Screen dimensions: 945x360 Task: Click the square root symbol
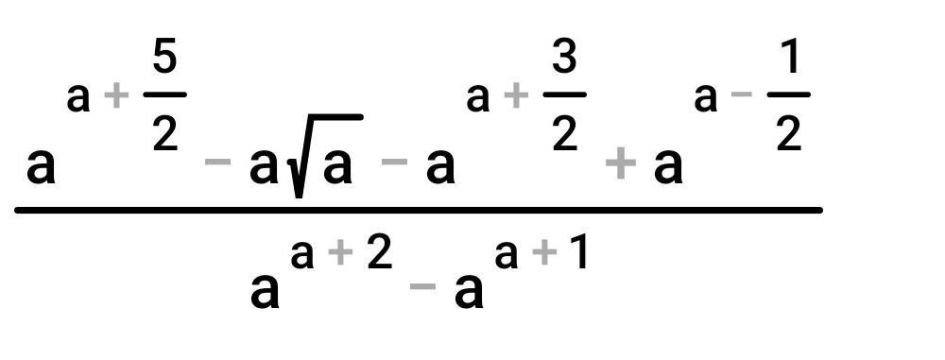[325, 155]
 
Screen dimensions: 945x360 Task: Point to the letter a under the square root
[337, 168]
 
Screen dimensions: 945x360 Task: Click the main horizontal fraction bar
[419, 210]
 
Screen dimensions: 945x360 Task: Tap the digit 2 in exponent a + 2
[380, 253]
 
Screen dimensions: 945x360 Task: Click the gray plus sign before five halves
[116, 98]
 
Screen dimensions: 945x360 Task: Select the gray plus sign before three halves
[515, 98]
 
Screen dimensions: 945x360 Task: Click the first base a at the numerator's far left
[41, 168]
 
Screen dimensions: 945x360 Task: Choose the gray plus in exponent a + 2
[341, 254]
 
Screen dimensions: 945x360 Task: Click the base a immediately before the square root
[264, 168]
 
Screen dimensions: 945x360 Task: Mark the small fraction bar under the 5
[165, 94]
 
